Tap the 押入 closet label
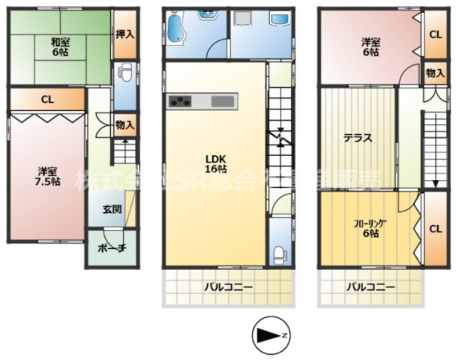(125, 34)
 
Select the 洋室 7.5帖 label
(46, 176)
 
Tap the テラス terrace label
(358, 139)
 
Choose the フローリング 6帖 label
(366, 228)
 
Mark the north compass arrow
(269, 334)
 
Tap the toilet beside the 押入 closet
(125, 76)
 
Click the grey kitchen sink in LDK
(223, 101)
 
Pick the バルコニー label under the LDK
(228, 286)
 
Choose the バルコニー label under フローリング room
(370, 286)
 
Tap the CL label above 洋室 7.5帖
(46, 99)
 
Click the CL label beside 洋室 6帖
(435, 34)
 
